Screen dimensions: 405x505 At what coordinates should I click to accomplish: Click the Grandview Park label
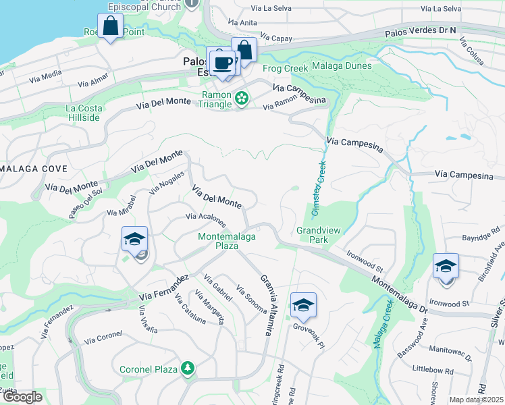tap(316, 234)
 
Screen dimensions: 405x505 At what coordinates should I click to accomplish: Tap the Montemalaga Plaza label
tap(218, 241)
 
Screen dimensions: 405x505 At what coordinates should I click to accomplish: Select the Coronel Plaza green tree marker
tap(188, 369)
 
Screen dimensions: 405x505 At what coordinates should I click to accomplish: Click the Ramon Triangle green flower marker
tap(241, 99)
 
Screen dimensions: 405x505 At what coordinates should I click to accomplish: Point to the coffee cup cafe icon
tap(222, 63)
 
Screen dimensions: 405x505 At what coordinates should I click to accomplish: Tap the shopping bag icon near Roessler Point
tap(110, 27)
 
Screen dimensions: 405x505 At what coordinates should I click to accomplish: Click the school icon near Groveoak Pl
tap(303, 306)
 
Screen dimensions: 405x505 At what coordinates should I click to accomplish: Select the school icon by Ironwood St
tap(446, 266)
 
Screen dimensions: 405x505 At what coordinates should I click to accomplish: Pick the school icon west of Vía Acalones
tap(134, 240)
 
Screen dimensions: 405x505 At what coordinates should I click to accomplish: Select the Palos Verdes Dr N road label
tap(421, 31)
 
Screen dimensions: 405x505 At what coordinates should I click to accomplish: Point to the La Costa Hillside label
tap(84, 113)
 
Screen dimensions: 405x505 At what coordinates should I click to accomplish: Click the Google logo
tap(22, 398)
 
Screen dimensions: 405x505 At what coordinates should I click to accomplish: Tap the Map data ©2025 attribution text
tap(476, 400)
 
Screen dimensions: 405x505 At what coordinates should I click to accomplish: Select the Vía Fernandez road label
tap(163, 288)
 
